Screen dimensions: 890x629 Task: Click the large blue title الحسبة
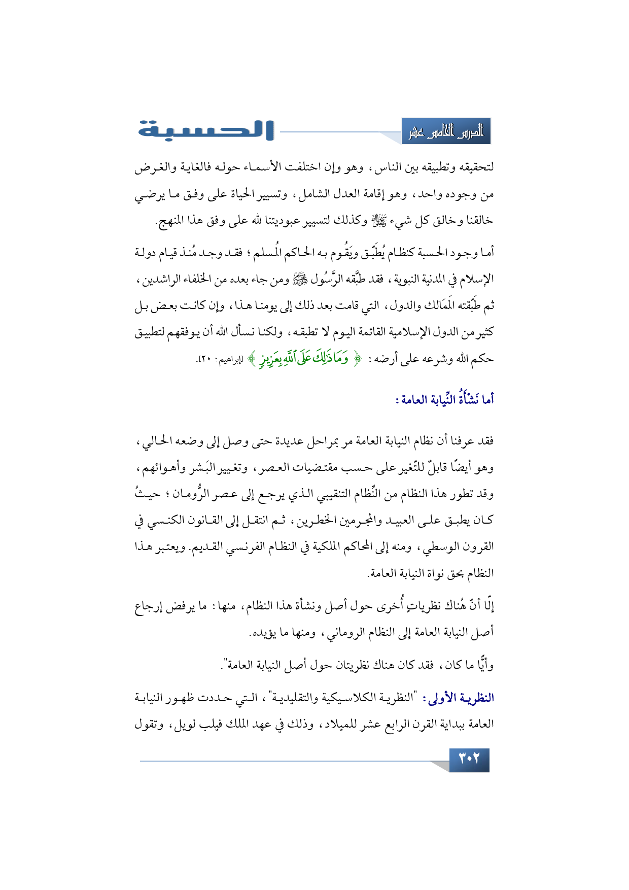(x=206, y=130)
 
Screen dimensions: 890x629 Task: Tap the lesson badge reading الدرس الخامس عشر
(x=446, y=132)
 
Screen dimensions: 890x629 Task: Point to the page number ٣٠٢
(x=469, y=760)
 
